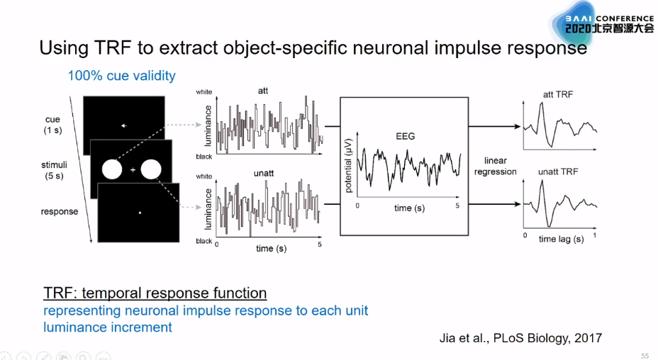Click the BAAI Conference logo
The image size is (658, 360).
(603, 23)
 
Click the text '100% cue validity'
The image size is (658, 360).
(121, 76)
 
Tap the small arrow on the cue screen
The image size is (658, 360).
(123, 126)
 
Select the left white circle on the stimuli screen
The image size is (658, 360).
(112, 170)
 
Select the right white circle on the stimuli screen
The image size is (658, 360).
(151, 170)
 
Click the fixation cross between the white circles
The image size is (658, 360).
(133, 170)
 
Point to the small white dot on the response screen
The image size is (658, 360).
(140, 213)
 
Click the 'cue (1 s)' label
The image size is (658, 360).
(52, 125)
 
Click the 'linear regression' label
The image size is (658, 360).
(495, 166)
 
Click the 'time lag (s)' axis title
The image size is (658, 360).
(561, 240)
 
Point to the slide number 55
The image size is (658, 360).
(645, 355)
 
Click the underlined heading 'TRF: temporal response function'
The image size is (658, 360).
(155, 293)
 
